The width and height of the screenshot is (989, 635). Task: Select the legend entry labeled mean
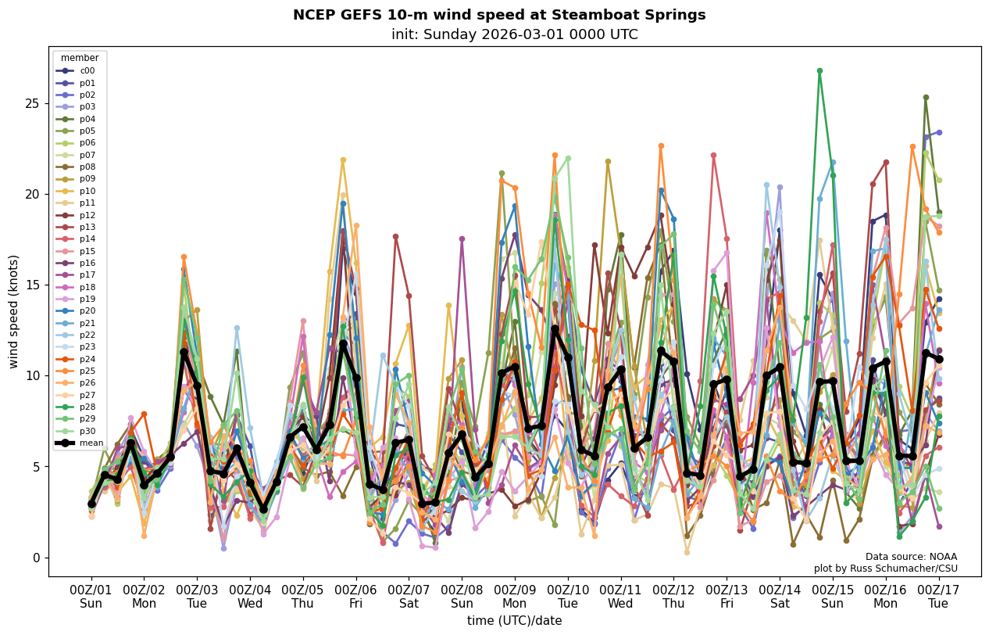coord(87,443)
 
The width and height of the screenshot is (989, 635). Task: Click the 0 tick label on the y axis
coord(36,558)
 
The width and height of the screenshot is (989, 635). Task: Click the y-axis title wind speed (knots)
coord(14,311)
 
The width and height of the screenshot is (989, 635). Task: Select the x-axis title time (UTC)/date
coord(515,621)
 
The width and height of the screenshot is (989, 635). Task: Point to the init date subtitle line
coord(515,34)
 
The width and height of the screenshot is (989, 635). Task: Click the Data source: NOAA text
coord(911,557)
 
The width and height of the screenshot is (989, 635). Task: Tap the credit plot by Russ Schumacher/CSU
coord(885,569)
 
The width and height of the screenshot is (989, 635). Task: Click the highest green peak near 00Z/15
coord(819,71)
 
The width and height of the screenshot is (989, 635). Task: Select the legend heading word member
coord(80,58)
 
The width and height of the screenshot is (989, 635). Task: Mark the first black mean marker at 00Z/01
coord(91,504)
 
